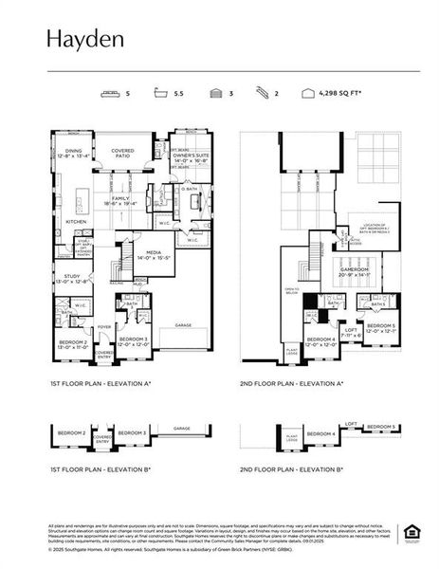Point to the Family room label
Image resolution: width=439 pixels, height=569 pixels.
[121, 199]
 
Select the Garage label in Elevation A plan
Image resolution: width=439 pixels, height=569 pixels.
[183, 325]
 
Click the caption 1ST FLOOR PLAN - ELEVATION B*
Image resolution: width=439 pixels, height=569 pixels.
[101, 469]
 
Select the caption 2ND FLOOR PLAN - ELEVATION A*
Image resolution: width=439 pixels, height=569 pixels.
[291, 384]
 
